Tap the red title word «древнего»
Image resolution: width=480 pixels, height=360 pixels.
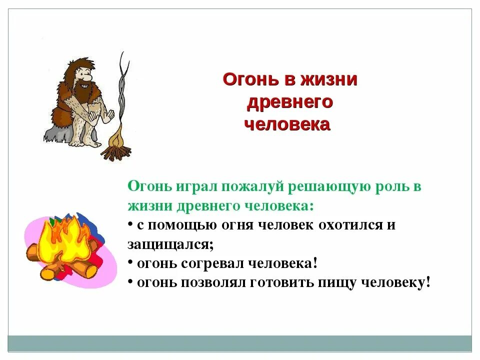(x=290, y=101)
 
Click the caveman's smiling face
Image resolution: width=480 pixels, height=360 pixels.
(x=85, y=80)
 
